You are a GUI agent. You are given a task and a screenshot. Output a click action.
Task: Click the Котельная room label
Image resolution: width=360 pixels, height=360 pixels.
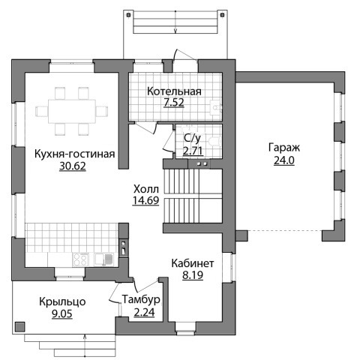coord(174,91)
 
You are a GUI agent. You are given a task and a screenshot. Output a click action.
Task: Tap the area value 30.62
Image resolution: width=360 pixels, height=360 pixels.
coord(73,166)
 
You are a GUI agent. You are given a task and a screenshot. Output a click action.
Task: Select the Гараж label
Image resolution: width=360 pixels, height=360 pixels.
coord(284,148)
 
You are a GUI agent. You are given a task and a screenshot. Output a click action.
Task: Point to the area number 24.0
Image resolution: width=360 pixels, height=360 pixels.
coord(284,160)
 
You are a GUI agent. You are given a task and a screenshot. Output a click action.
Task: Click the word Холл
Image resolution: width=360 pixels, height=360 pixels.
coord(146,189)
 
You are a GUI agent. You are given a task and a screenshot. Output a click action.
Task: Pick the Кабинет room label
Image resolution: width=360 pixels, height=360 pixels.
coord(193,263)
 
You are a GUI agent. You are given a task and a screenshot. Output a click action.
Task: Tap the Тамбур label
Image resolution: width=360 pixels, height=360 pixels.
coord(141,299)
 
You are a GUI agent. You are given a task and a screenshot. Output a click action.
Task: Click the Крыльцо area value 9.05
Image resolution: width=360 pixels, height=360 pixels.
coord(62,313)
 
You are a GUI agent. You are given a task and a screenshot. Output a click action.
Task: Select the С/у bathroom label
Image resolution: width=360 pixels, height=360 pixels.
coord(192,138)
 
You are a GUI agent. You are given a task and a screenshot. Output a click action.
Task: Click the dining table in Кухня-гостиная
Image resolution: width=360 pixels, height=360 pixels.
coord(72,111)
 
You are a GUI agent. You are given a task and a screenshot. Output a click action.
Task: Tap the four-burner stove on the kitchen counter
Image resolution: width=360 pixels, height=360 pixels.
coord(80,259)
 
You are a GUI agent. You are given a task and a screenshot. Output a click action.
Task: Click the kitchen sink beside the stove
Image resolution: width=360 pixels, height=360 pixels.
coord(104,259)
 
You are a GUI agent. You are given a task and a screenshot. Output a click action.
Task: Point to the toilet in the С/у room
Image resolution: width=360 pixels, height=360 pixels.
coord(215,142)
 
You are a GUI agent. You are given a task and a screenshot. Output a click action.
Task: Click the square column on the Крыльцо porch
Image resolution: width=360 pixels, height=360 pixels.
coord(19,326)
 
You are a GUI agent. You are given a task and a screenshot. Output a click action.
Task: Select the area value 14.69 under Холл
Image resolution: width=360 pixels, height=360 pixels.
coord(146,200)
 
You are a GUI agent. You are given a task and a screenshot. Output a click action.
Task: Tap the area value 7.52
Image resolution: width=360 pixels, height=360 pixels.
coord(174,103)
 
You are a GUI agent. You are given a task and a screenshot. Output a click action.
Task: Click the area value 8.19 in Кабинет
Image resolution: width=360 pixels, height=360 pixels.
coord(193,275)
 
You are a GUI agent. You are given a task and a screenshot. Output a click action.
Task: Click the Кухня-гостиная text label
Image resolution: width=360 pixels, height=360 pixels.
coord(74,154)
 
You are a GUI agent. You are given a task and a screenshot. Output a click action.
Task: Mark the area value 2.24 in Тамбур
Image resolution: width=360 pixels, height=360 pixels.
coord(144,313)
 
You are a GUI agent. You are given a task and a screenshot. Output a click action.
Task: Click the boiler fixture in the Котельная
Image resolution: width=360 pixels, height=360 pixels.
coord(215,108)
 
